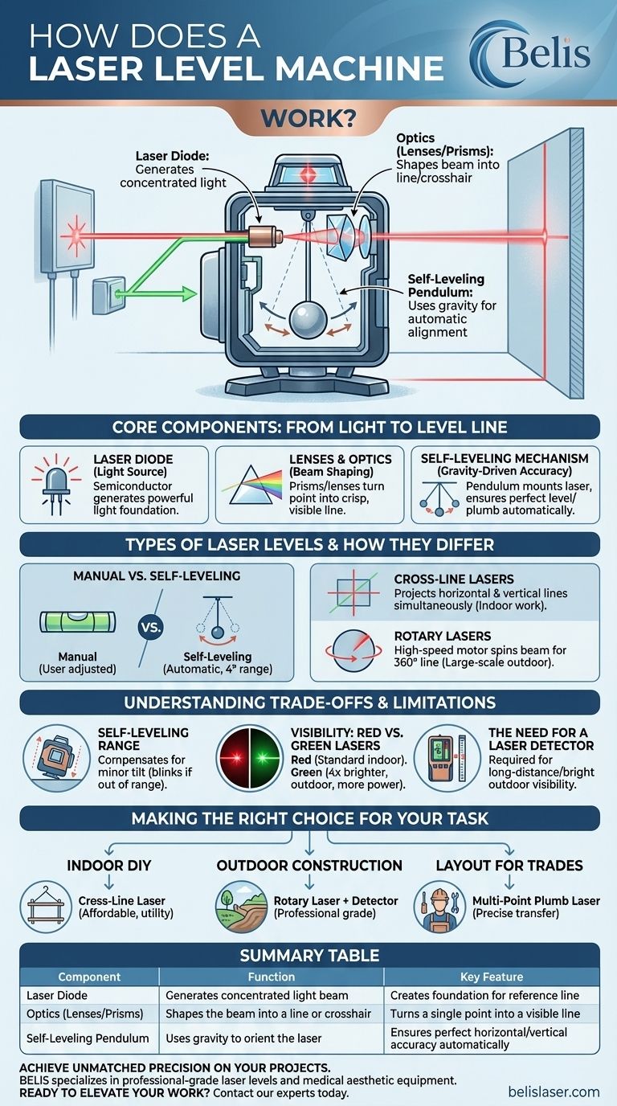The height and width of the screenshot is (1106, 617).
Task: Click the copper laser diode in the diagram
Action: coord(264,236)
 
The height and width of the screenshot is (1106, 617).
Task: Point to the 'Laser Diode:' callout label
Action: coord(172,156)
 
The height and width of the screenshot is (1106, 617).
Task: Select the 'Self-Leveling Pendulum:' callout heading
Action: coord(446,285)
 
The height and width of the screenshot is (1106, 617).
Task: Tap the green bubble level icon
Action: coord(77,622)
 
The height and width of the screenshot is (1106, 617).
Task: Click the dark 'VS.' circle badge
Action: coord(150,627)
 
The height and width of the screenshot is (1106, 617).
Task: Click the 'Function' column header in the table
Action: coord(272,977)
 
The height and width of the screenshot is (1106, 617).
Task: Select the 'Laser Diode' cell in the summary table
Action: coord(57,995)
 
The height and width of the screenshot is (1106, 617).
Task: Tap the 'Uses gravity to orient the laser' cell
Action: coord(243,1038)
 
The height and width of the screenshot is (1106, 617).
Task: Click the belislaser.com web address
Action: coord(554,1092)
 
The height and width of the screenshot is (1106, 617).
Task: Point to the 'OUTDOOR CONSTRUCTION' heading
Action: coord(309,866)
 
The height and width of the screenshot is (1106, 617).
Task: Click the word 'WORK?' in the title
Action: coord(308,118)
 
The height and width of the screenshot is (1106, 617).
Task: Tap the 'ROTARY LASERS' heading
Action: coord(443,636)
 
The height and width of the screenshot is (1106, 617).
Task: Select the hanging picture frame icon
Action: coord(46,906)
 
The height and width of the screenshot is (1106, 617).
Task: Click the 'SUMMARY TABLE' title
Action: coord(309,956)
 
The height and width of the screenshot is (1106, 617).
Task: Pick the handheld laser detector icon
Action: coord(447,758)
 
